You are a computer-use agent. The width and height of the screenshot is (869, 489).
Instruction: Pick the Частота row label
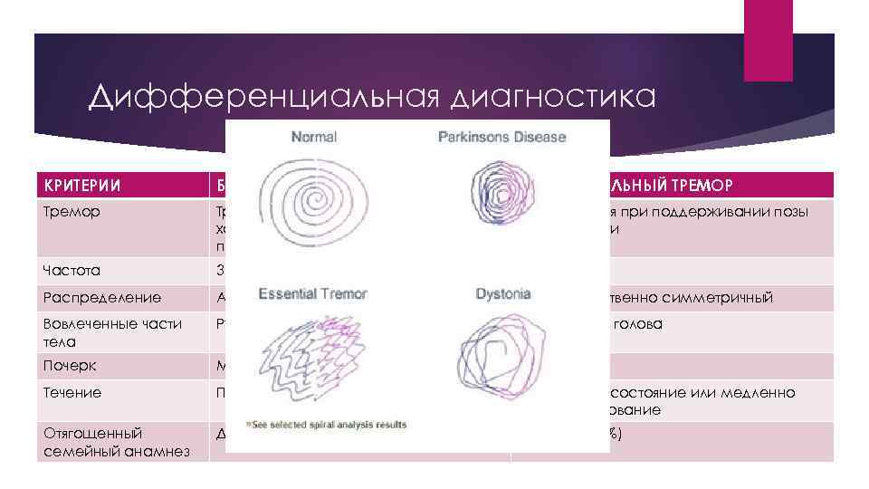(x=71, y=270)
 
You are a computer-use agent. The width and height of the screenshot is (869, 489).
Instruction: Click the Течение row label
(x=72, y=392)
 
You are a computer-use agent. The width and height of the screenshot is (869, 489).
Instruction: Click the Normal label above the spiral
(x=313, y=138)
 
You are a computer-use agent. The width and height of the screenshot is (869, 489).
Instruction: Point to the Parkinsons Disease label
(x=501, y=138)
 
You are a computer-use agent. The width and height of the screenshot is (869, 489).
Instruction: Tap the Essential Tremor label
(x=312, y=294)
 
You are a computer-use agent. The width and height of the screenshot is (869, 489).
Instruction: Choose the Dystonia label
(x=502, y=294)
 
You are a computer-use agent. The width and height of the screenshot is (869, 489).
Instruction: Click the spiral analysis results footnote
(x=327, y=425)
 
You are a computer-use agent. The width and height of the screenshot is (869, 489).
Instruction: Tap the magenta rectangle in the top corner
(x=768, y=40)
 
